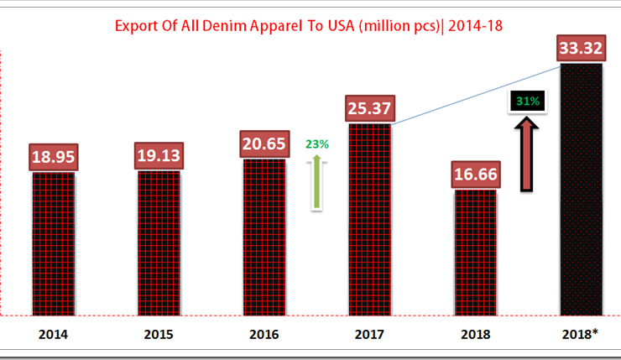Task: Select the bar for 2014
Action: [x=54, y=243]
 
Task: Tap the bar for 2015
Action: [x=159, y=243]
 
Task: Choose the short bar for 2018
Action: [x=476, y=252]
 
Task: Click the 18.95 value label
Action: [x=54, y=157]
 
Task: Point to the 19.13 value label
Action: [x=159, y=156]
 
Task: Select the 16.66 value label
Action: [x=476, y=174]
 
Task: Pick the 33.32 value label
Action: [x=581, y=49]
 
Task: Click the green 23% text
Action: [x=317, y=144]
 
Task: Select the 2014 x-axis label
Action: [x=54, y=335]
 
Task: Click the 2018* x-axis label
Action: [x=581, y=335]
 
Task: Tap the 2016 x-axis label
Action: [x=264, y=335]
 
